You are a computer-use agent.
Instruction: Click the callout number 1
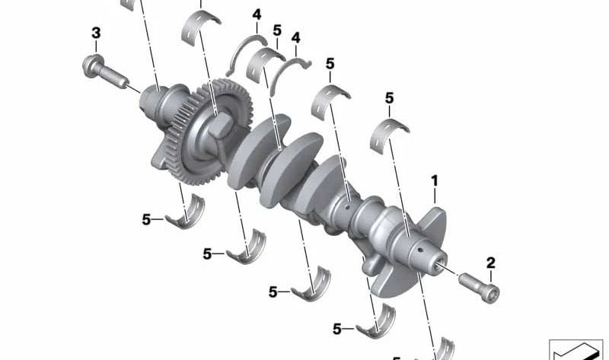435,181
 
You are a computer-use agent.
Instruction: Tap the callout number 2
491,263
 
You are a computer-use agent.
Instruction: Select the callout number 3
96,33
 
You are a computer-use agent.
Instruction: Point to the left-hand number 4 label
257,14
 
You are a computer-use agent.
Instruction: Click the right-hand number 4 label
296,37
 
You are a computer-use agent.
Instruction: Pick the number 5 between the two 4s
277,30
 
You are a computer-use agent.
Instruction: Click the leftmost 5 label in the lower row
146,219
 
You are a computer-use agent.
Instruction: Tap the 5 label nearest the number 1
389,98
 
